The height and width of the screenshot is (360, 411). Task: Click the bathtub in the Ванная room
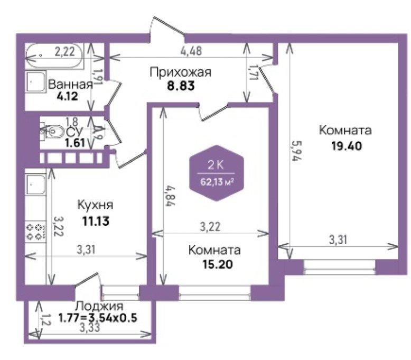tap(54, 56)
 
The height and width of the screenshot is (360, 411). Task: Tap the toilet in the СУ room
tap(52, 131)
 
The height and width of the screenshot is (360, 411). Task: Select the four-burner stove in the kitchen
tap(35, 232)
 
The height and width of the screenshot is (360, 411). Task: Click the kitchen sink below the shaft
tap(35, 184)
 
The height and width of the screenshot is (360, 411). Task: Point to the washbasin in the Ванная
tap(35, 81)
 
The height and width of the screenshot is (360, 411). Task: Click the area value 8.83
tap(181, 86)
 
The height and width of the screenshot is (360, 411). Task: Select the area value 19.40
tap(347, 145)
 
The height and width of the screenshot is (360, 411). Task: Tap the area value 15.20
tap(218, 264)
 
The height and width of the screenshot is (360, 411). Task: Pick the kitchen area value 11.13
tap(96, 221)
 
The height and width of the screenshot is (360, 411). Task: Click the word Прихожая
tap(181, 72)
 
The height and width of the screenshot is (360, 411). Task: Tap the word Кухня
tap(96, 205)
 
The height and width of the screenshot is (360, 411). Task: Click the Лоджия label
tap(99, 306)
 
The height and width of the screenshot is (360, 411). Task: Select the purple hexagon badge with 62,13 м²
tap(217, 173)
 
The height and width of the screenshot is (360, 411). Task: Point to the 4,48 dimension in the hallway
tap(191, 51)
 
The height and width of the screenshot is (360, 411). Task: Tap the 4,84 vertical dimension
tap(170, 196)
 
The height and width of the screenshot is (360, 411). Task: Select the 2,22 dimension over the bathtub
tap(65, 51)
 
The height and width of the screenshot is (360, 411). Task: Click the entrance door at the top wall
tap(167, 28)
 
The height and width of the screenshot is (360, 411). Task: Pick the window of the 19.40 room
tap(340, 267)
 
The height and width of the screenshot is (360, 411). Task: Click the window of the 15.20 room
tap(214, 292)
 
